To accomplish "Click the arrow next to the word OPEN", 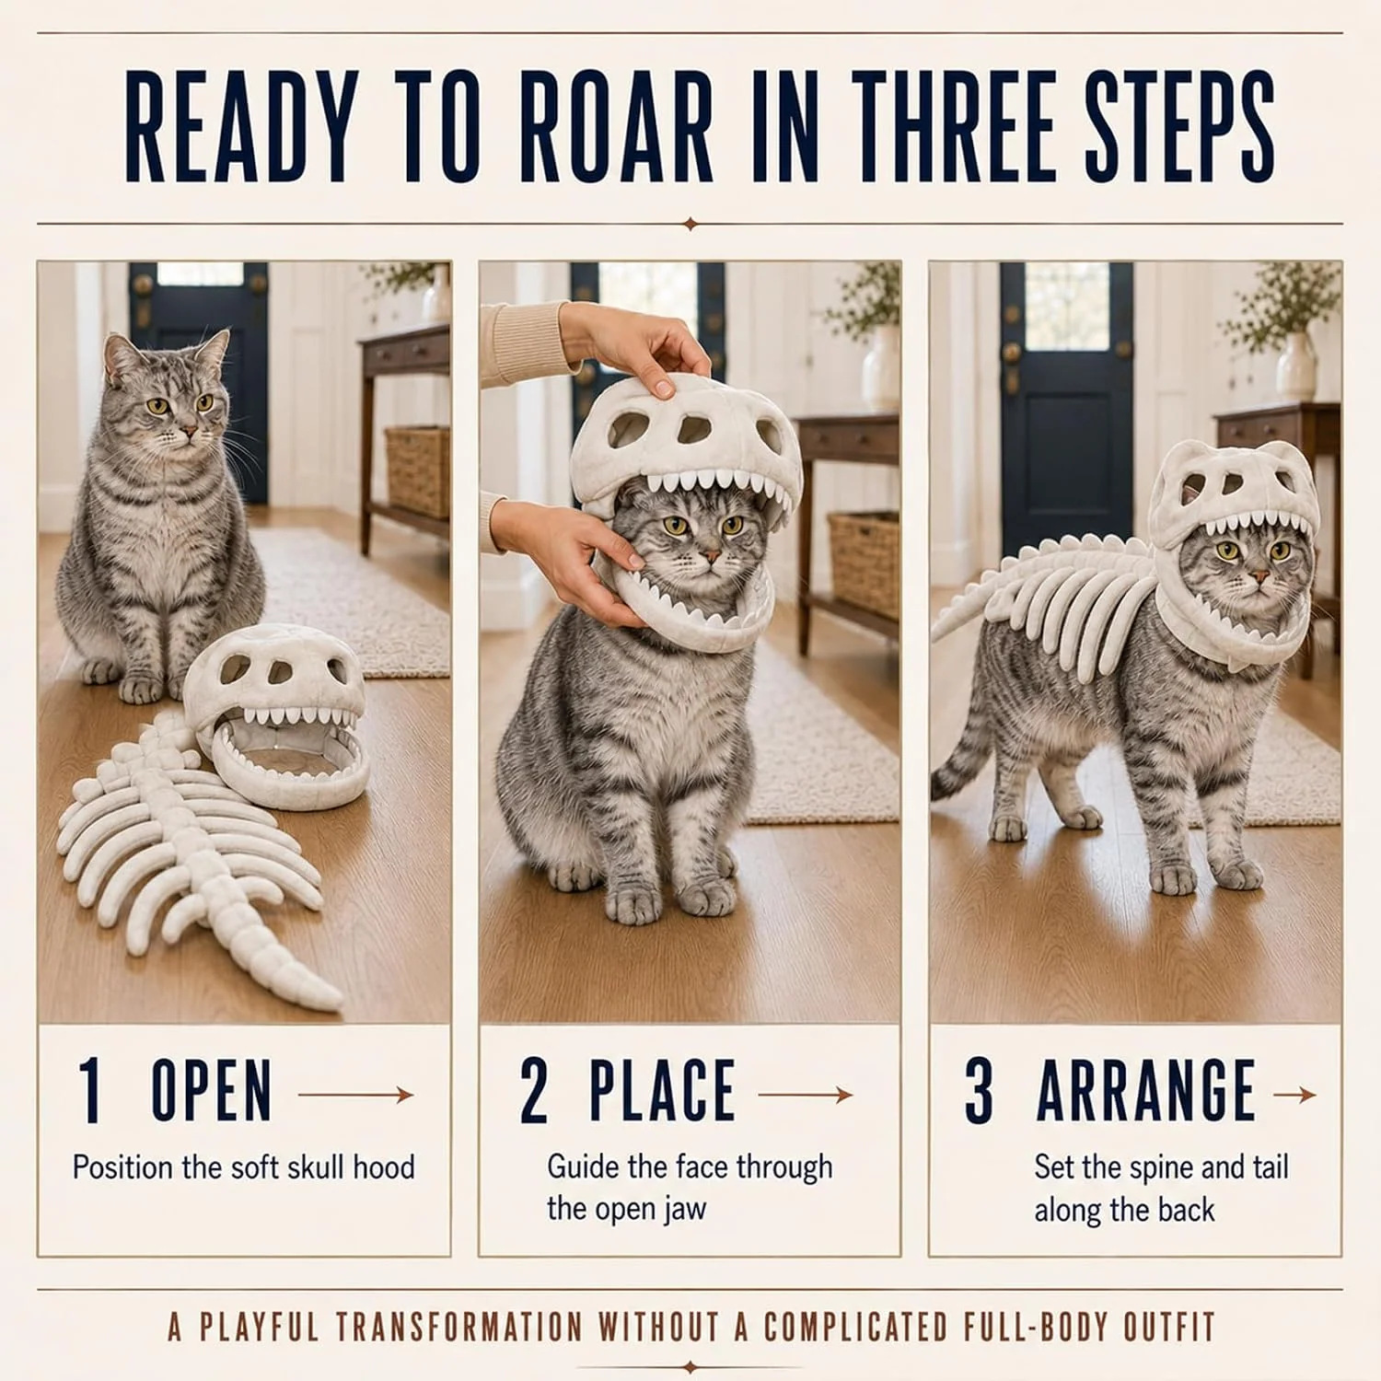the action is click(356, 1095).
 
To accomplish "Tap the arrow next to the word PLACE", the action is click(807, 1095).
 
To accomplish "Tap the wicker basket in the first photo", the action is click(417, 470).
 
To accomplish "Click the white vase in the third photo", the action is click(1295, 366).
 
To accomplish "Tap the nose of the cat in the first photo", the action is click(187, 431).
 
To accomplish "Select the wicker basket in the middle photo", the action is click(864, 563).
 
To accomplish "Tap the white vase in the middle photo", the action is click(881, 368).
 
